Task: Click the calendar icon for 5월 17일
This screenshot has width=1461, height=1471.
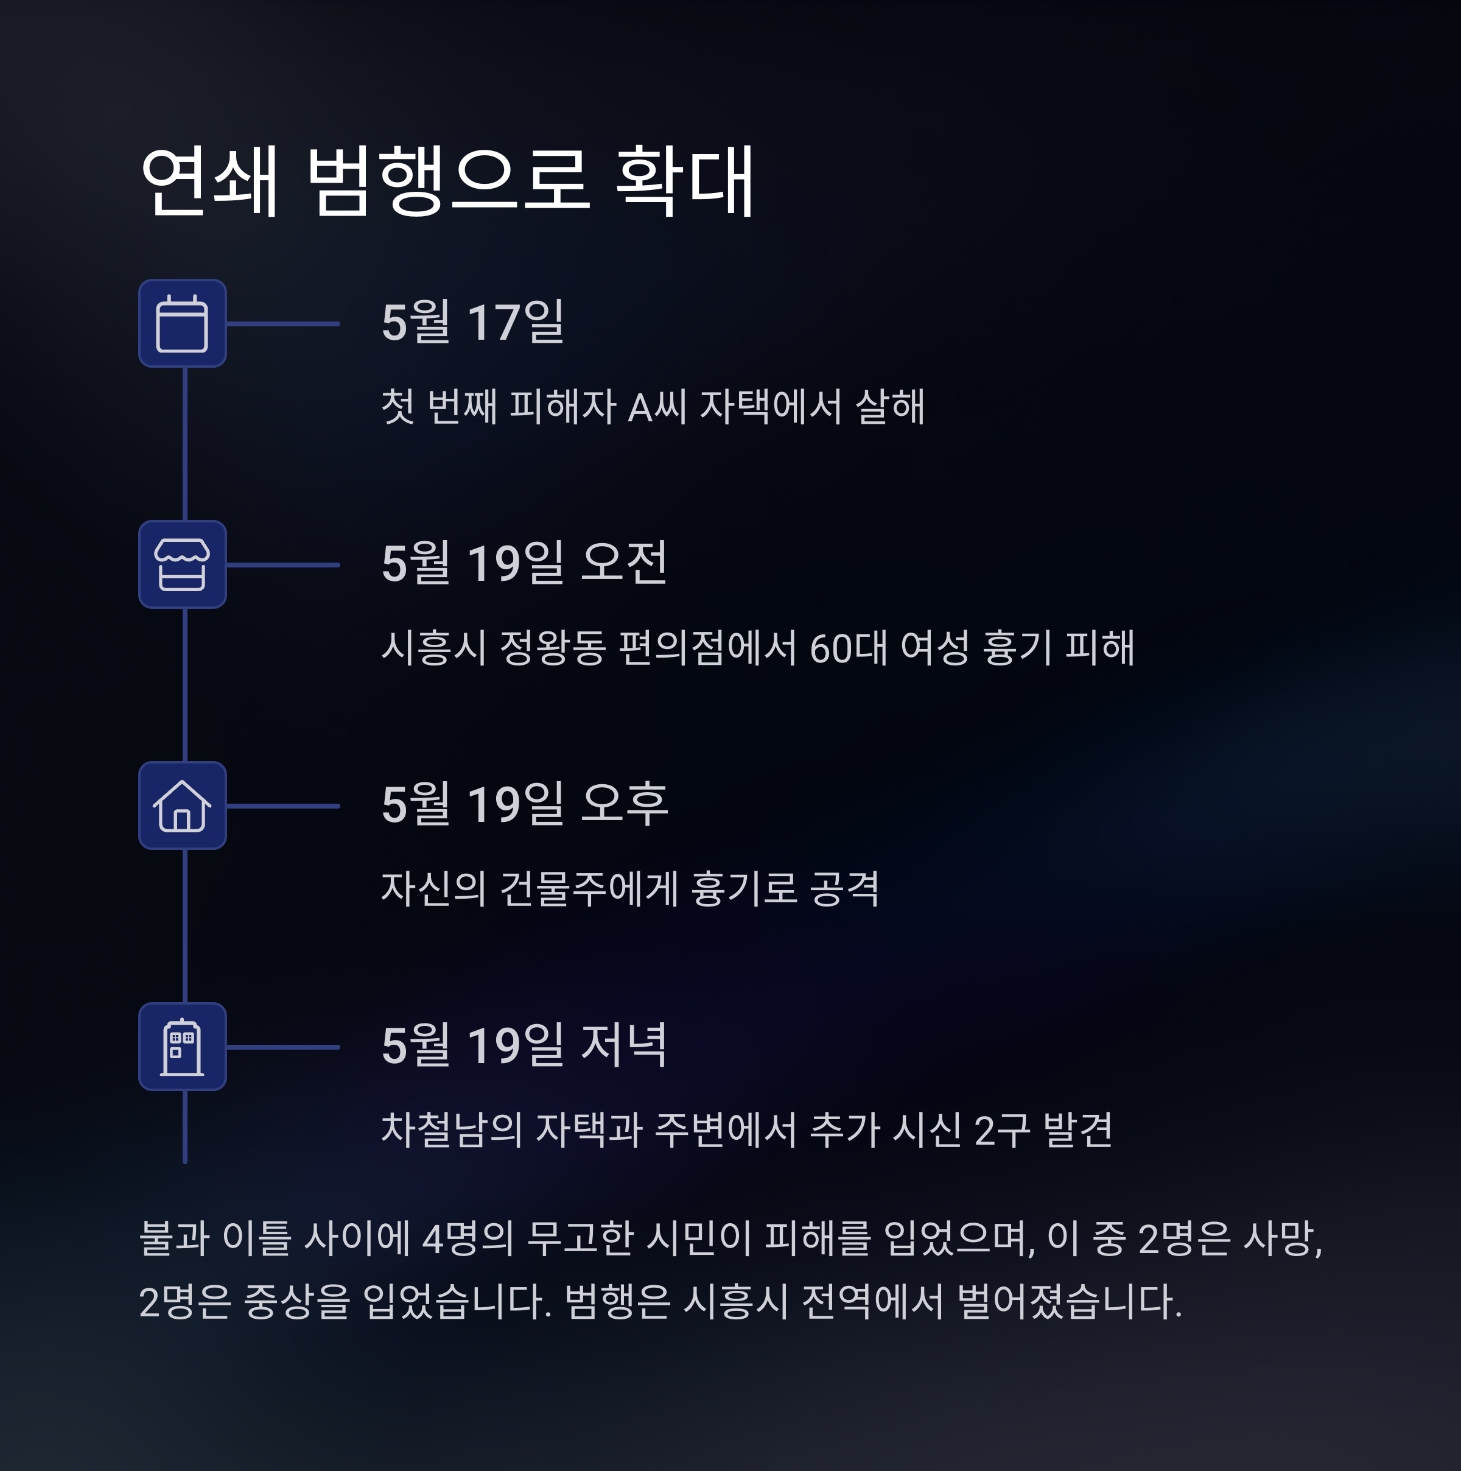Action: pos(182,323)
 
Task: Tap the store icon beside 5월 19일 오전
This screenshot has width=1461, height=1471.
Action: pos(182,564)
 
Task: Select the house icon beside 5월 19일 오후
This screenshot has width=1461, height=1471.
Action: pos(182,806)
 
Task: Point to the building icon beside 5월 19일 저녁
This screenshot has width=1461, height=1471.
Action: pos(182,1046)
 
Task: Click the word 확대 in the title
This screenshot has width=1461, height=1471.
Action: pos(684,181)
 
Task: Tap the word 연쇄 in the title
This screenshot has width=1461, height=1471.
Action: pos(210,181)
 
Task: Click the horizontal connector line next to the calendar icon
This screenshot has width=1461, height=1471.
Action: pos(282,323)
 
